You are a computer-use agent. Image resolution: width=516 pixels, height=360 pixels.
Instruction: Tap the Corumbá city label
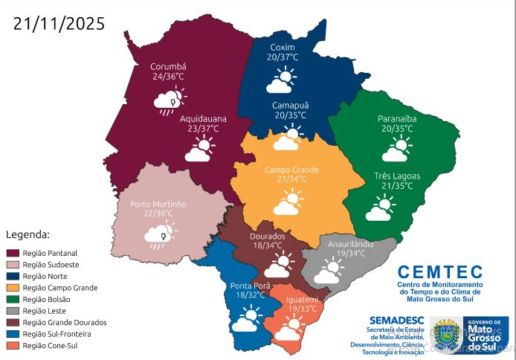point(168,65)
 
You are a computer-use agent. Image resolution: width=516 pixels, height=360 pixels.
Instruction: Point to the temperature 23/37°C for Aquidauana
point(203,129)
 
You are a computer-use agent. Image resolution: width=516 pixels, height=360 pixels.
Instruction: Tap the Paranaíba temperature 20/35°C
point(396,128)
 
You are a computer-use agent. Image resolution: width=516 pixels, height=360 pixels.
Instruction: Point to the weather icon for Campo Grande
point(289,202)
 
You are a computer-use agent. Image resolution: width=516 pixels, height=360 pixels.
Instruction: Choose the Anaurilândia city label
point(350,243)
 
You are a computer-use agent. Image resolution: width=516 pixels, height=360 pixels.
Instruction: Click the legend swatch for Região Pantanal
point(13,254)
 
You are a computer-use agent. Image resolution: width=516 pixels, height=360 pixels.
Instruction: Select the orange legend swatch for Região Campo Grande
point(13,288)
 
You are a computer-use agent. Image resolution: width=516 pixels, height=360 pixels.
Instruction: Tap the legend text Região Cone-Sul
point(51,345)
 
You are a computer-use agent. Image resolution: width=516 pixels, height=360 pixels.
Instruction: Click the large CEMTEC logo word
point(439,272)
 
